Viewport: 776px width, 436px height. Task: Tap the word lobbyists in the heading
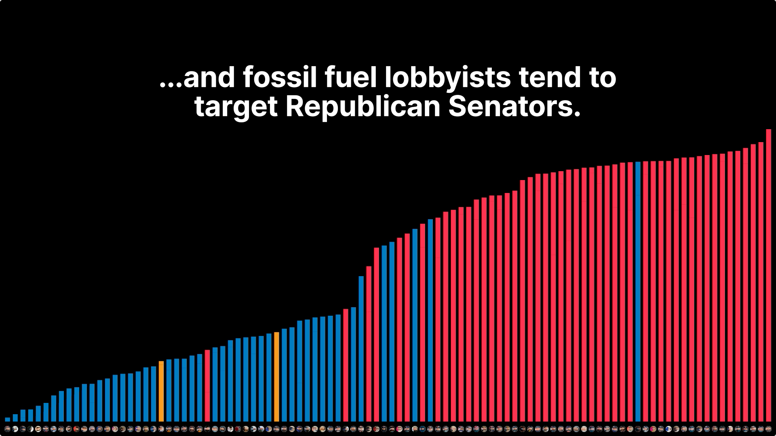click(x=448, y=78)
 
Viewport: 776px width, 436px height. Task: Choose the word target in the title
click(x=236, y=107)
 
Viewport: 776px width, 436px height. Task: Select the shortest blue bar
click(x=7, y=419)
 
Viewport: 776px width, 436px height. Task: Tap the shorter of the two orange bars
click(x=161, y=391)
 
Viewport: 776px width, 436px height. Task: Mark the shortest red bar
click(x=207, y=386)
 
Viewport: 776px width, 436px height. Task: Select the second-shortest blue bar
click(x=15, y=418)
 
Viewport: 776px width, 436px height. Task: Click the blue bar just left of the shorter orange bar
click(x=154, y=394)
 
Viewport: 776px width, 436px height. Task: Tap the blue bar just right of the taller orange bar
click(x=284, y=375)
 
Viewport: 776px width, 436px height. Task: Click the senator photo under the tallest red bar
click(x=768, y=429)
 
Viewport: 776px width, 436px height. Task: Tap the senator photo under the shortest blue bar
click(x=7, y=429)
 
